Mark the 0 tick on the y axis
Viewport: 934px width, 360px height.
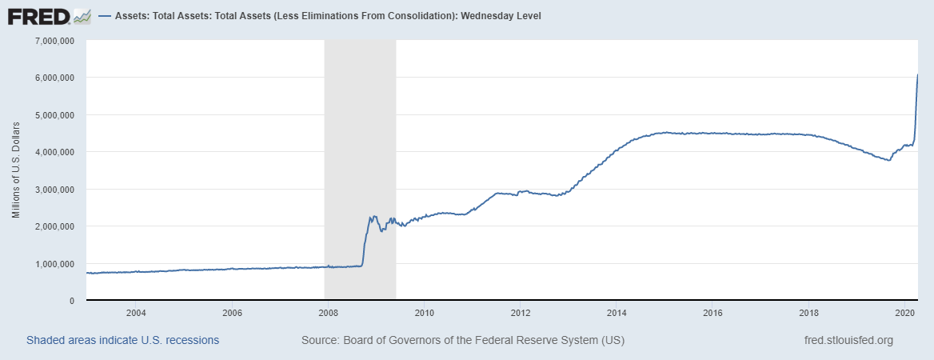[72, 301]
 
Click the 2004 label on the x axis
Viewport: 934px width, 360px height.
[135, 312]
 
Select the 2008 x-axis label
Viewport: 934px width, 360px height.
[328, 312]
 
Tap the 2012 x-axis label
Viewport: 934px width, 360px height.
[521, 312]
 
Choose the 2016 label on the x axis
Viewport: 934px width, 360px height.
[712, 312]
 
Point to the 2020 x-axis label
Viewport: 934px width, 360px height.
[905, 312]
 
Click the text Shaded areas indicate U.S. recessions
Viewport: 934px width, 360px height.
[122, 340]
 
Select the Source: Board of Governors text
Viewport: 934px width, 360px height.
[462, 340]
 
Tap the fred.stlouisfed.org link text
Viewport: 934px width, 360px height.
[848, 340]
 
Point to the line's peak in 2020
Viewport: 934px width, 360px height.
[917, 74]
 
